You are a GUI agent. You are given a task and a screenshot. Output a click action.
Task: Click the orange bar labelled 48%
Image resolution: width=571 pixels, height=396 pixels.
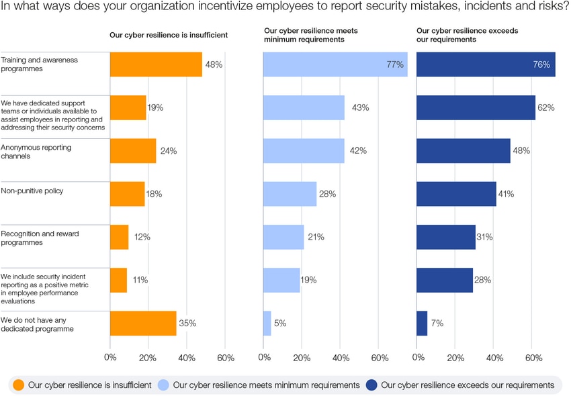click(156, 64)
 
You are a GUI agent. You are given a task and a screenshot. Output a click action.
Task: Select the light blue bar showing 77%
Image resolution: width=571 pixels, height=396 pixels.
click(335, 64)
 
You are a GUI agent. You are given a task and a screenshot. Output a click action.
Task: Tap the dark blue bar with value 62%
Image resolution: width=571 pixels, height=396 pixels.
click(476, 107)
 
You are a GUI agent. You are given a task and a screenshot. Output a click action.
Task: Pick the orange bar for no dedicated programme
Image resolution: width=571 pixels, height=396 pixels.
click(143, 323)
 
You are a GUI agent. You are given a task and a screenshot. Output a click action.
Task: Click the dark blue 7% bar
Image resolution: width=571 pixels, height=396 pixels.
click(422, 323)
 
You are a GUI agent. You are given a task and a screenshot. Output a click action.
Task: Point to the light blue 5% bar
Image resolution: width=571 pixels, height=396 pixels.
click(267, 323)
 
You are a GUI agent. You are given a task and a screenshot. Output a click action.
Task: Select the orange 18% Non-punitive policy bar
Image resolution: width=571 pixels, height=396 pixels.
click(128, 194)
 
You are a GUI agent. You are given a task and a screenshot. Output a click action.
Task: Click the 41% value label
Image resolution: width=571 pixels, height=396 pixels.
click(506, 194)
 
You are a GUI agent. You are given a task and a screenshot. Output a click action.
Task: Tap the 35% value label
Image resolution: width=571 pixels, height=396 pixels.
click(187, 323)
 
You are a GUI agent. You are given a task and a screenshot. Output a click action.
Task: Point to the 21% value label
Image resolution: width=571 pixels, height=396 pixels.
click(316, 237)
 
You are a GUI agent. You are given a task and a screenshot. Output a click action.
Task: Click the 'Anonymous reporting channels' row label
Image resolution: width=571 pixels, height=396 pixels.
click(36, 151)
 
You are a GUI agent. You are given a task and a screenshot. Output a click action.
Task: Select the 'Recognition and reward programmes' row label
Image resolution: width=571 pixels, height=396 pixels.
click(40, 238)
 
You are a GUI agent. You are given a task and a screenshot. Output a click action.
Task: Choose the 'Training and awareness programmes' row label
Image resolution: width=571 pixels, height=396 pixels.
click(39, 64)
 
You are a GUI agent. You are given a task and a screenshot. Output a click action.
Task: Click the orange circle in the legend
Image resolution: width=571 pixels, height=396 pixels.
click(19, 385)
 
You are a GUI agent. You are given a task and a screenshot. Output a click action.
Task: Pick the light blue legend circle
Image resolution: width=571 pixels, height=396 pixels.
click(164, 385)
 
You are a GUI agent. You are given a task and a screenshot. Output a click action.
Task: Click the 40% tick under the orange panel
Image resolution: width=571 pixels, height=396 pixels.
click(186, 358)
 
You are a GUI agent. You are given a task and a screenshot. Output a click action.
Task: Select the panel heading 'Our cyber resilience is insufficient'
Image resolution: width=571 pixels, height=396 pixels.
click(169, 35)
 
